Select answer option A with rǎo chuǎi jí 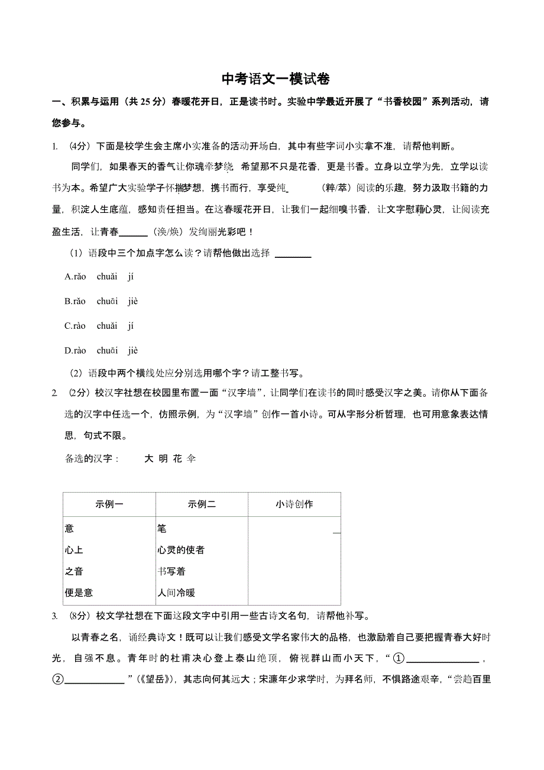(99, 276)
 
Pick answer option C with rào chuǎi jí (99, 326)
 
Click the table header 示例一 (109, 504)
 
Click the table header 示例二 (202, 504)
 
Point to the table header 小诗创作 (294, 504)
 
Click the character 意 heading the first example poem (70, 528)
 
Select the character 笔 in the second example (162, 528)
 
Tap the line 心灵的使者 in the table (181, 550)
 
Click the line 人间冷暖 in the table (176, 593)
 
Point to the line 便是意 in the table (79, 593)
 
